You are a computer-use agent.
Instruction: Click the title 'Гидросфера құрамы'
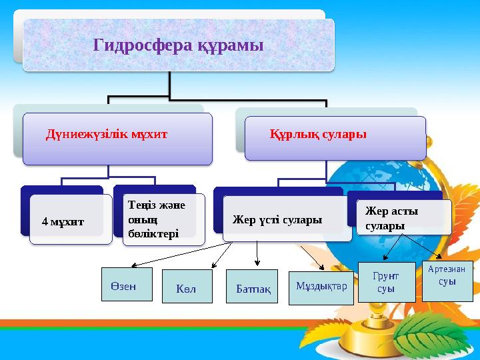click(179, 45)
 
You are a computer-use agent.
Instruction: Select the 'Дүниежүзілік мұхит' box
click(117, 138)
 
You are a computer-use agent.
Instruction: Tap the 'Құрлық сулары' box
click(335, 138)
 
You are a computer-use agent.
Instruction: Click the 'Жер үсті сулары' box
click(287, 219)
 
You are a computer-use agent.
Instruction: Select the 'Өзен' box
click(127, 285)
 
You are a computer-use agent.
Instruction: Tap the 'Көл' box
click(187, 287)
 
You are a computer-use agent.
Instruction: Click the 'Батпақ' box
click(253, 287)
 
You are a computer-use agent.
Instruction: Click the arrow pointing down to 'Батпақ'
click(257, 253)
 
